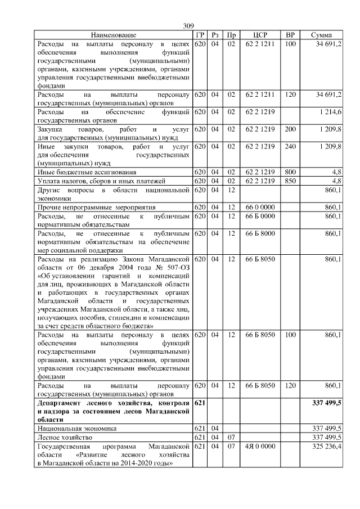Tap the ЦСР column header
pyautogui.click(x=260, y=35)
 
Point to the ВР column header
pyautogui.click(x=290, y=35)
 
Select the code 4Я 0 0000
pyautogui.click(x=260, y=446)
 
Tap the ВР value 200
pyautogui.click(x=290, y=129)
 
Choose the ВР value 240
pyautogui.click(x=290, y=146)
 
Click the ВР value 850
pyautogui.click(x=290, y=181)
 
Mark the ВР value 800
pyautogui.click(x=290, y=172)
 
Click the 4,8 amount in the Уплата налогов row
pyautogui.click(x=336, y=181)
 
